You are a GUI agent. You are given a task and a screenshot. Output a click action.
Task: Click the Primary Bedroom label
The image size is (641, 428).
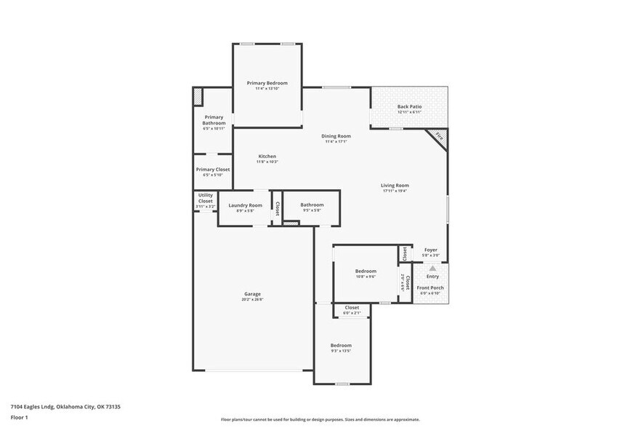coord(267,83)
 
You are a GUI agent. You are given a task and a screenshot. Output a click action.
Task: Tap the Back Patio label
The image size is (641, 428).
coord(409,107)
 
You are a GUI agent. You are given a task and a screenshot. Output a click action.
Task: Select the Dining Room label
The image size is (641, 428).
coord(336,136)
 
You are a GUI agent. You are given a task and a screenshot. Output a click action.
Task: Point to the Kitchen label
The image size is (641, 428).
coord(267,156)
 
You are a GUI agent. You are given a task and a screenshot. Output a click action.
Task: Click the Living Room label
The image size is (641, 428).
coord(395,186)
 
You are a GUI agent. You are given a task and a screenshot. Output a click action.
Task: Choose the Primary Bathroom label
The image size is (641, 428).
coord(214,120)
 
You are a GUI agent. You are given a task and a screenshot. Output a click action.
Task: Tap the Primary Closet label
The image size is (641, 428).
coord(213,170)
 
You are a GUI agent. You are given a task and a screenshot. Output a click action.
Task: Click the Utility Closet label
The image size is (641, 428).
coord(206,199)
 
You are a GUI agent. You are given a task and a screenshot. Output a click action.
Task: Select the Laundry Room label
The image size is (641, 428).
coord(245,205)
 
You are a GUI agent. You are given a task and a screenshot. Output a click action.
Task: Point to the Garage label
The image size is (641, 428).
coord(252,294)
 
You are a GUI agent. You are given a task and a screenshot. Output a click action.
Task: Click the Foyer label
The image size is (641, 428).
coord(431,250)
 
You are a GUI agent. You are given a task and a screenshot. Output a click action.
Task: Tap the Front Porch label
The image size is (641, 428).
coord(430,288)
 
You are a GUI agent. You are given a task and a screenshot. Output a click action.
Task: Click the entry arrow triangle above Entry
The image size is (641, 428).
coord(432,269)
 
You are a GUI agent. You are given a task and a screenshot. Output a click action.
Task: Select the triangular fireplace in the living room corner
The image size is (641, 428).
coord(440,135)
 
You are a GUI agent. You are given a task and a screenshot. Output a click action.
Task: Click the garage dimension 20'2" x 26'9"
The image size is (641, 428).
coord(252,300)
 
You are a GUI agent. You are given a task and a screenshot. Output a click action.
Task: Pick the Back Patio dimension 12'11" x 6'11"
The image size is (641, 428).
coord(409,113)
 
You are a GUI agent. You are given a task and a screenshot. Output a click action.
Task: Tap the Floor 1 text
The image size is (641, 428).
coord(19,417)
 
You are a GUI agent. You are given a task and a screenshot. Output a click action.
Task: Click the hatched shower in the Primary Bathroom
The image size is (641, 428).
coord(197,95)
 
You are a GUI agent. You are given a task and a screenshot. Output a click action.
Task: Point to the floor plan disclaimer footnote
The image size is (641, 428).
coord(320,419)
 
